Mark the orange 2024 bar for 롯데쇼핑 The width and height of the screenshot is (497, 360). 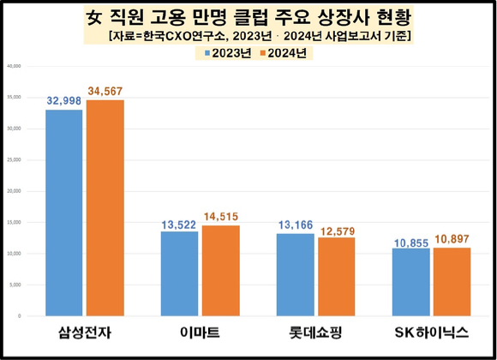pyautogui.click(x=335, y=276)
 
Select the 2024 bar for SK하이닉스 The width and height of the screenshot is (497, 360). pyautogui.click(x=451, y=282)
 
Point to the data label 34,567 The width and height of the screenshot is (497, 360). pyautogui.click(x=105, y=91)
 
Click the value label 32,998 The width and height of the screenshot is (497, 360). pyautogui.click(x=64, y=100)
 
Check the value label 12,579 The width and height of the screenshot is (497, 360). pyautogui.click(x=336, y=228)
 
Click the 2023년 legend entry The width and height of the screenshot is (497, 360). pyautogui.click(x=222, y=53)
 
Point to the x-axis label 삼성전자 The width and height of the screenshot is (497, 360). pyautogui.click(x=83, y=333)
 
